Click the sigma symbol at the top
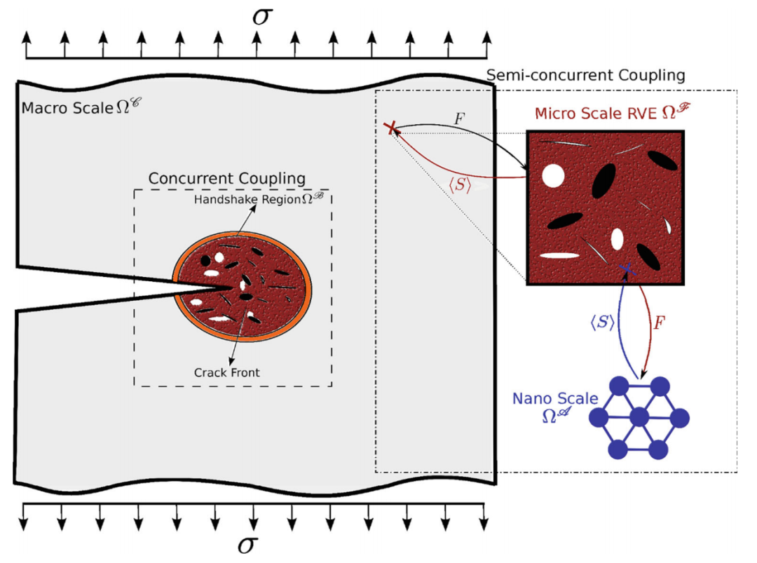tap(261, 15)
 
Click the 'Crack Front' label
tap(226, 372)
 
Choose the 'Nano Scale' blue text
tap(554, 399)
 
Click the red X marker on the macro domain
tap(392, 128)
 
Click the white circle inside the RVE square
tap(553, 175)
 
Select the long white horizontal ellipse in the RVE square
tap(564, 256)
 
